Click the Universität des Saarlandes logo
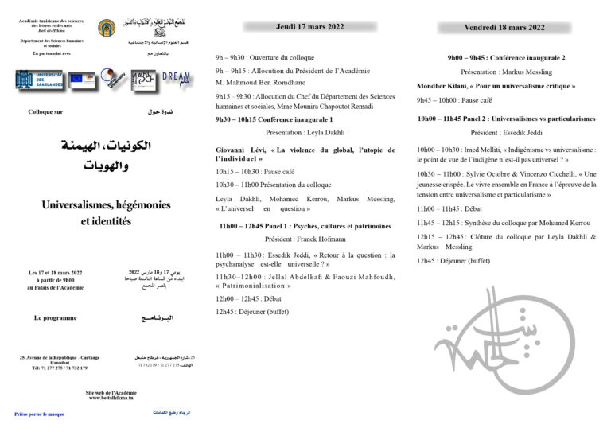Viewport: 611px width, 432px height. click(37, 80)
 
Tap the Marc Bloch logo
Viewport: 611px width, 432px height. click(144, 80)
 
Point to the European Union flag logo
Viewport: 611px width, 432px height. click(80, 79)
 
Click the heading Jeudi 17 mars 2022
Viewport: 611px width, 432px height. click(309, 26)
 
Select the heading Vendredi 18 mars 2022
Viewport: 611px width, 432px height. click(504, 27)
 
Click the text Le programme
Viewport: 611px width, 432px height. click(55, 317)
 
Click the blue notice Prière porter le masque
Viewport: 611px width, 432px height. click(39, 414)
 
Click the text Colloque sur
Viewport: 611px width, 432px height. click(45, 112)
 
